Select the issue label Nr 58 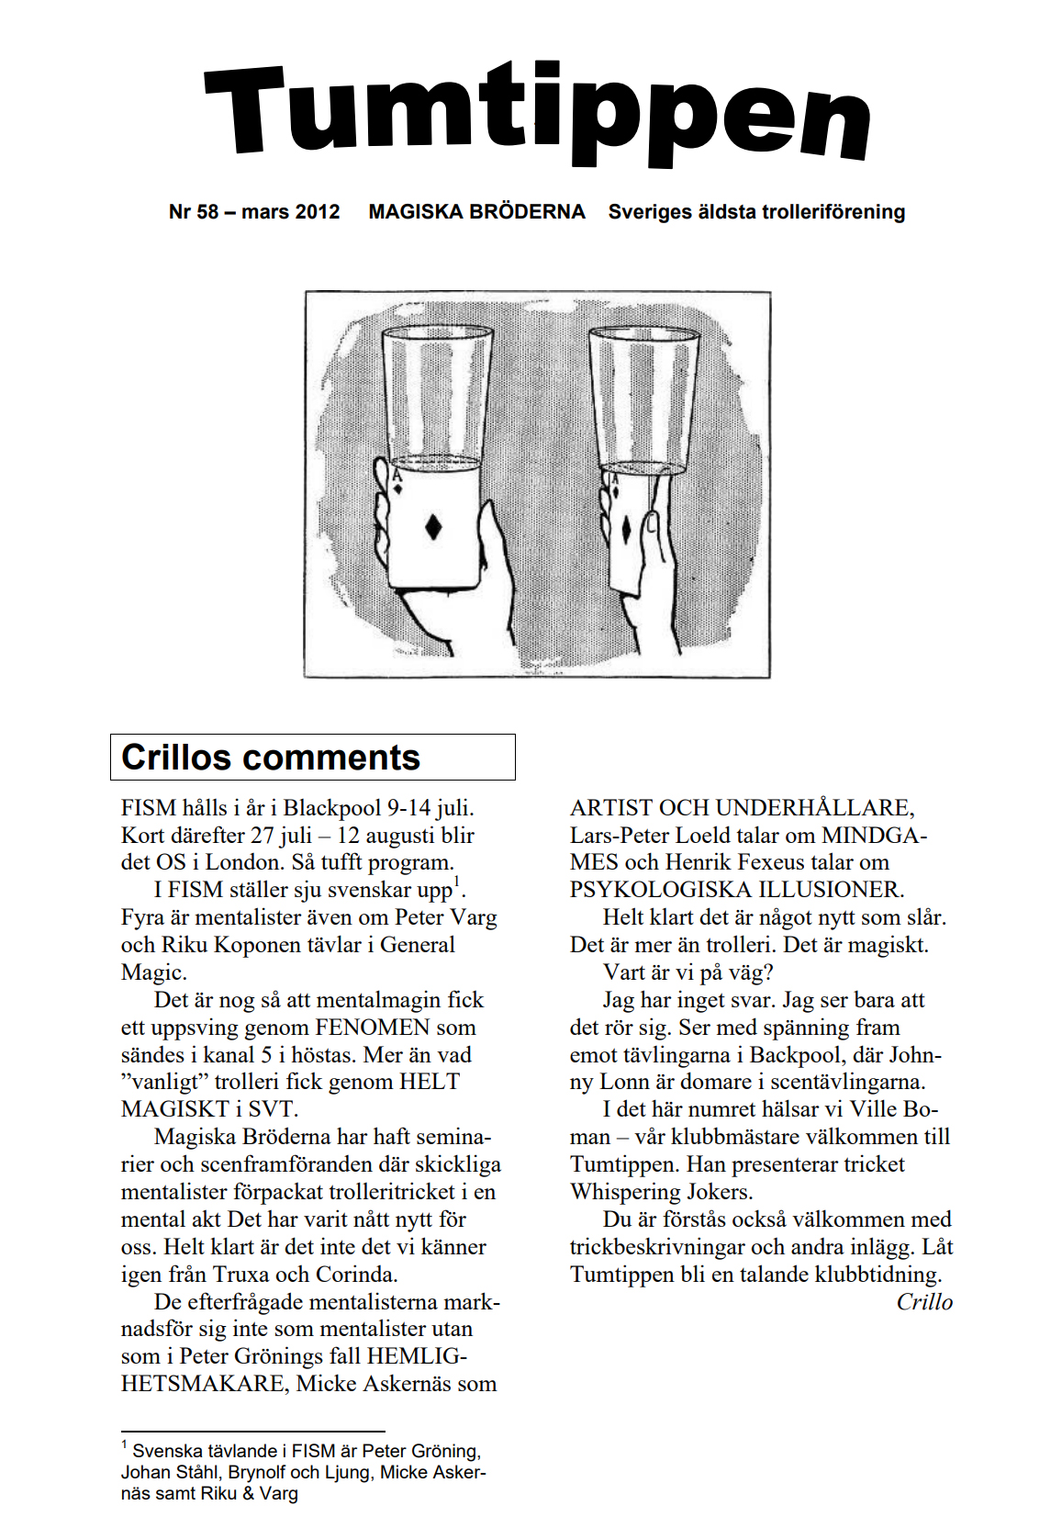(194, 212)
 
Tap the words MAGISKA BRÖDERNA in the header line (476, 212)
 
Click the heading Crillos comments (271, 758)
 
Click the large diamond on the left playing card (434, 527)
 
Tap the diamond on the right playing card (626, 530)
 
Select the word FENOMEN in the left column (372, 1028)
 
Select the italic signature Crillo (924, 1302)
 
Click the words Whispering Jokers (661, 1192)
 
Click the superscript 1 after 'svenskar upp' (458, 883)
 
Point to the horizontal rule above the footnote (252, 1431)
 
